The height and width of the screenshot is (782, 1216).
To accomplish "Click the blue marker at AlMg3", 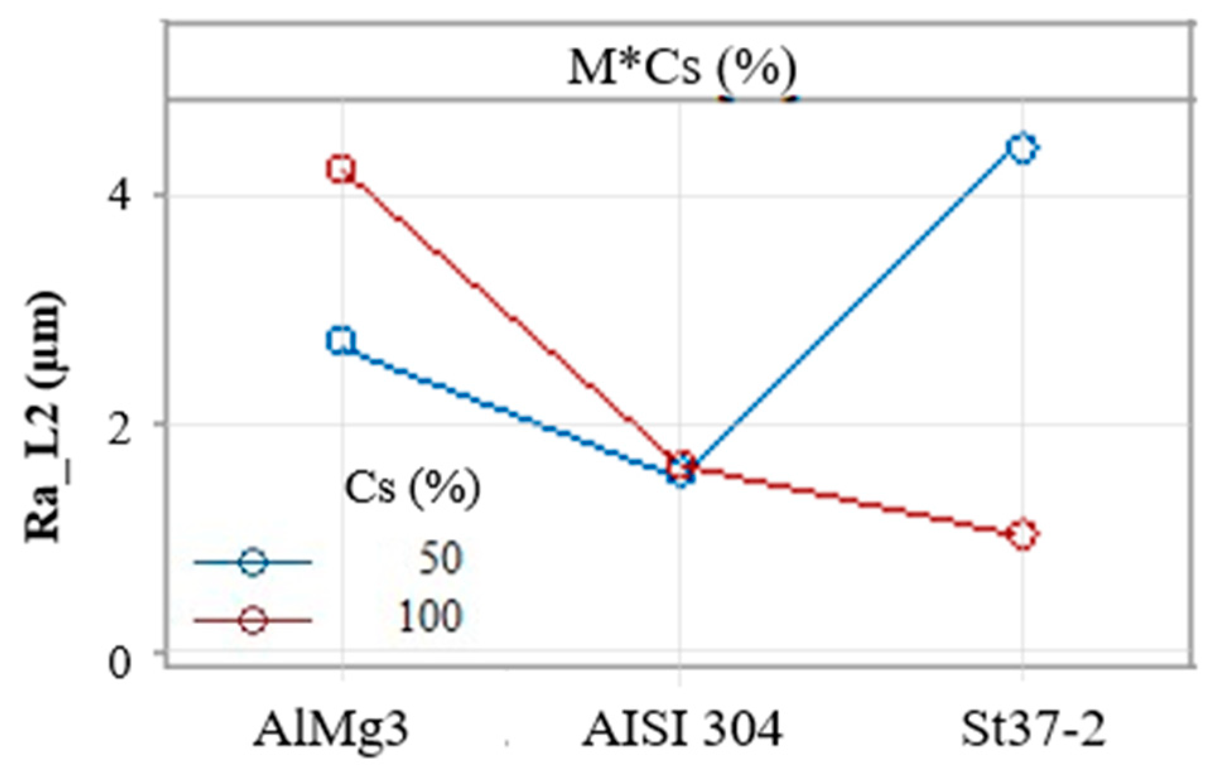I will (341, 341).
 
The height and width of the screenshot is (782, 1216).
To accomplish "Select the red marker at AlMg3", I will (341, 169).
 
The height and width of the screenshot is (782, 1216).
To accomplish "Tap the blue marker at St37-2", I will (1022, 149).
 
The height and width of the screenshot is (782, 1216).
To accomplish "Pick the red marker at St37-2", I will (1022, 534).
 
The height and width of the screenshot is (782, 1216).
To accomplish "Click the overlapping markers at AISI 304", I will (682, 468).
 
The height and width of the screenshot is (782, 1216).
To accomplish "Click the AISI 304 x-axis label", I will (682, 730).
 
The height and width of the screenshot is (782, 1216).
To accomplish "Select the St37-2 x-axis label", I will (1033, 730).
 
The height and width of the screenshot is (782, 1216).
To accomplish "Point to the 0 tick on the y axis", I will (120, 663).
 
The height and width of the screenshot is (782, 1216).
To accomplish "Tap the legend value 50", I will (440, 558).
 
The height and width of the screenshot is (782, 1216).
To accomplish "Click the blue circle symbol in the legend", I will (253, 561).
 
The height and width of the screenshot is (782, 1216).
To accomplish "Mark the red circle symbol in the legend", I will (253, 621).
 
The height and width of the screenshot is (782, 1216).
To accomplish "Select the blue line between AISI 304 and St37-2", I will (852, 309).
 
